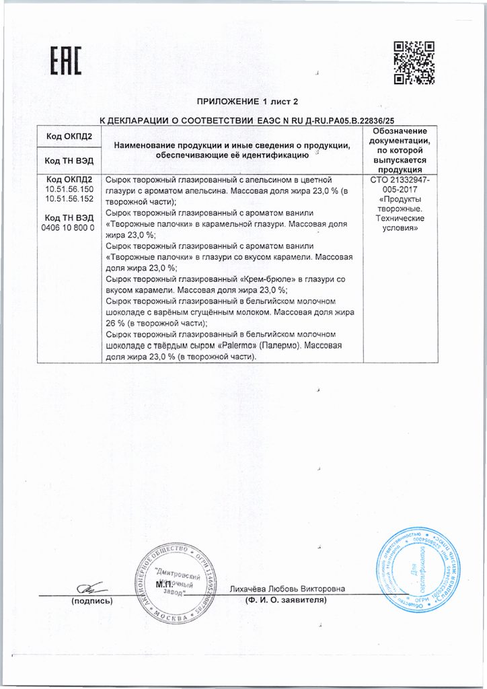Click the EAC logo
coord(65,62)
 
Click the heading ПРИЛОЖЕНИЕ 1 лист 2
coord(241,102)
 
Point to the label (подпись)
coord(91,601)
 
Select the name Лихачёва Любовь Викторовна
coord(287,589)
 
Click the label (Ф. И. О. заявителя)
coord(287,600)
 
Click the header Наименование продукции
coord(232,145)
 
